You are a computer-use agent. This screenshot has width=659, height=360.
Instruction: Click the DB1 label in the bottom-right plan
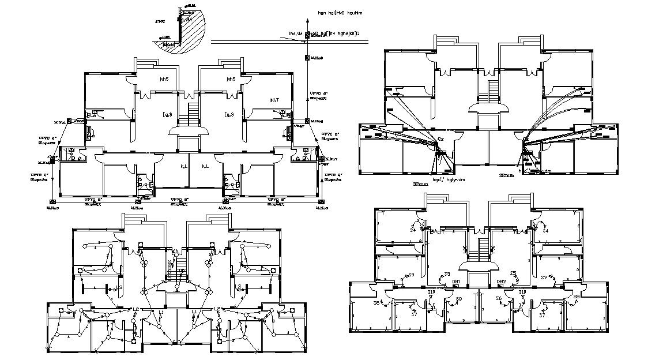(x=455, y=282)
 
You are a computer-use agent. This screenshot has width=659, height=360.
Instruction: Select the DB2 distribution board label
(x=502, y=282)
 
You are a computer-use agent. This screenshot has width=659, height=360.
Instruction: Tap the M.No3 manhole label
(x=52, y=207)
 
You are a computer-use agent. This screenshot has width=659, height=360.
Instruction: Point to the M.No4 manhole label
(x=137, y=208)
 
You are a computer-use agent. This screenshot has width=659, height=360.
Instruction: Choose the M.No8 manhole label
(x=316, y=121)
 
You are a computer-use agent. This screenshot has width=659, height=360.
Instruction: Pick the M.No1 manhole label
(x=60, y=122)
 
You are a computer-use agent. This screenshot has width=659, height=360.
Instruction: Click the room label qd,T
(x=274, y=99)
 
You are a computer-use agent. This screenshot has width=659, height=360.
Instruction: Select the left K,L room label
(x=184, y=167)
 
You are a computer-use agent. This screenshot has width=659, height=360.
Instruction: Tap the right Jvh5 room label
(x=231, y=79)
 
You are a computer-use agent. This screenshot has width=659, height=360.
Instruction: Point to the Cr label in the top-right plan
(x=440, y=139)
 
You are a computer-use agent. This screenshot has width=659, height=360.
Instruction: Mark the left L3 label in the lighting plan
(x=119, y=287)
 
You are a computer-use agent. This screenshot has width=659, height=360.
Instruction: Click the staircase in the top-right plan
(x=493, y=91)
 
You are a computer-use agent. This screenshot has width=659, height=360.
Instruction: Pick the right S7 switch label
(x=541, y=315)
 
